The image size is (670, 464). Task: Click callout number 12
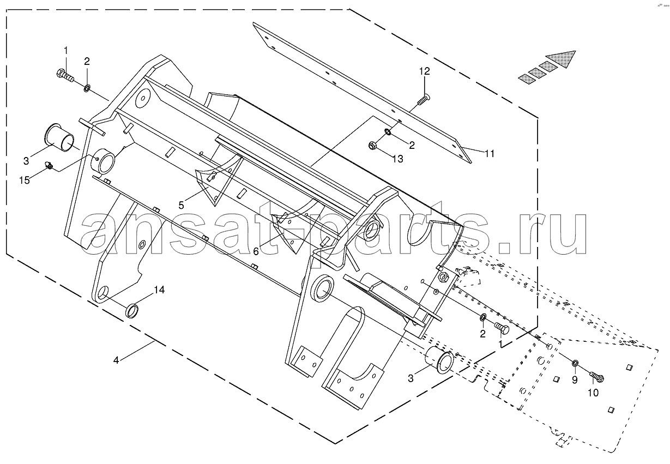click(425, 71)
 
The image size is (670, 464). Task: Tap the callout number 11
click(490, 153)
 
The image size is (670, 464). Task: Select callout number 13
click(398, 159)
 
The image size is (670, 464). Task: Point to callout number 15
click(25, 180)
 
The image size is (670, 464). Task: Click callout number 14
click(159, 290)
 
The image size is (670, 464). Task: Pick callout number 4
click(116, 360)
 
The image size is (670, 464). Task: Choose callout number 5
click(181, 205)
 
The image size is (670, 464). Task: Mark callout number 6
click(256, 251)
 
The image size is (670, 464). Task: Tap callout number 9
click(575, 380)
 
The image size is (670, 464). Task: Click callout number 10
click(593, 393)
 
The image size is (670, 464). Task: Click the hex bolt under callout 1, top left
click(65, 75)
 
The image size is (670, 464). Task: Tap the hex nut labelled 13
click(372, 146)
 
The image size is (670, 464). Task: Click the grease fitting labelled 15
click(49, 165)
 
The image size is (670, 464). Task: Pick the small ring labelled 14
click(133, 311)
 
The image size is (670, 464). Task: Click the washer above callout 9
click(574, 364)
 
